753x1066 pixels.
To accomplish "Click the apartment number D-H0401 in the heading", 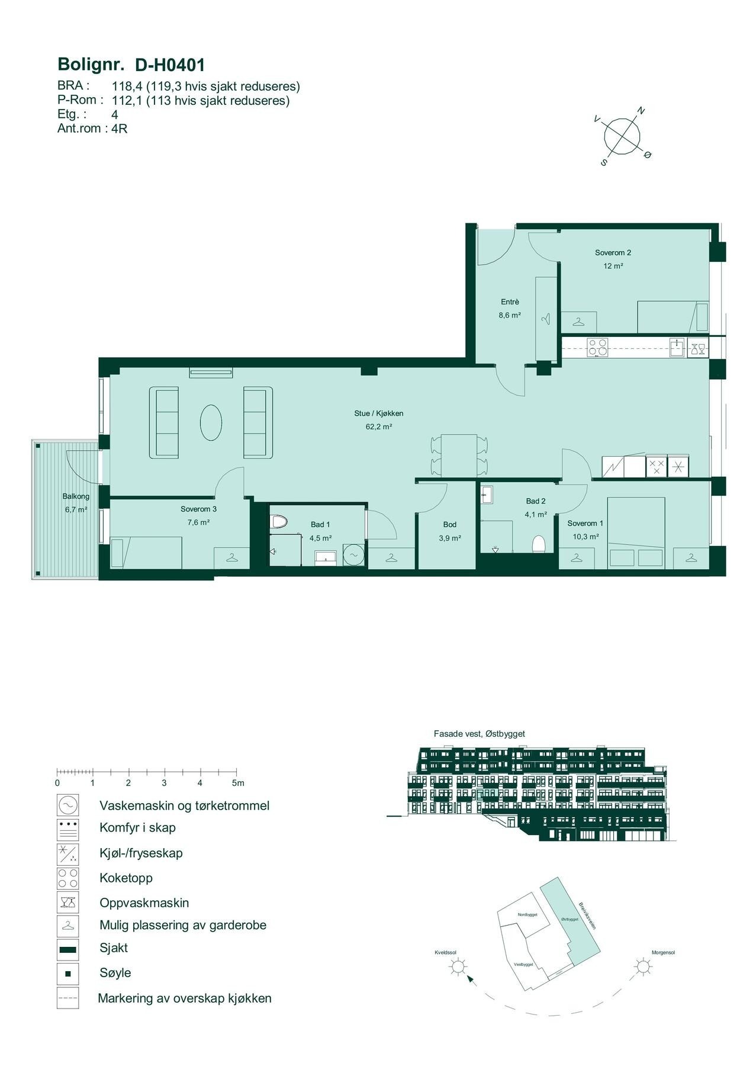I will pos(170,64).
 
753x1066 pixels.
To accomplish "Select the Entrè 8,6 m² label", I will pos(509,309).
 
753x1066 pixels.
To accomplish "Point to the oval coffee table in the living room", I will pos(211,422).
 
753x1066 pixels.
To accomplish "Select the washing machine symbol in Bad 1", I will pos(353,554).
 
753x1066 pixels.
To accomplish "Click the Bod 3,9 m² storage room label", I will pos(449,531).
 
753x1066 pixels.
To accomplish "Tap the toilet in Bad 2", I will pos(538,543).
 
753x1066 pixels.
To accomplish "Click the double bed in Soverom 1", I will pos(636,532).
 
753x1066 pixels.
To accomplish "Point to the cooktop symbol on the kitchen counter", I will pos(597,346).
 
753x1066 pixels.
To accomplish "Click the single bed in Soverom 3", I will pos(146,552).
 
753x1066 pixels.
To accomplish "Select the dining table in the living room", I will pos(459,454).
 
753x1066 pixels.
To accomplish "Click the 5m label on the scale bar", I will pos(238,783).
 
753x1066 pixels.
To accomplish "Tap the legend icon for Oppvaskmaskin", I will pos(67,903).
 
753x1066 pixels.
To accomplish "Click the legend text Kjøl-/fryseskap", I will pos(141,853).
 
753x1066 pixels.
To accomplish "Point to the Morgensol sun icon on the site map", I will pos(642,967).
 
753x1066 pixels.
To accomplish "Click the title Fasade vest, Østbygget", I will pos(479,734).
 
